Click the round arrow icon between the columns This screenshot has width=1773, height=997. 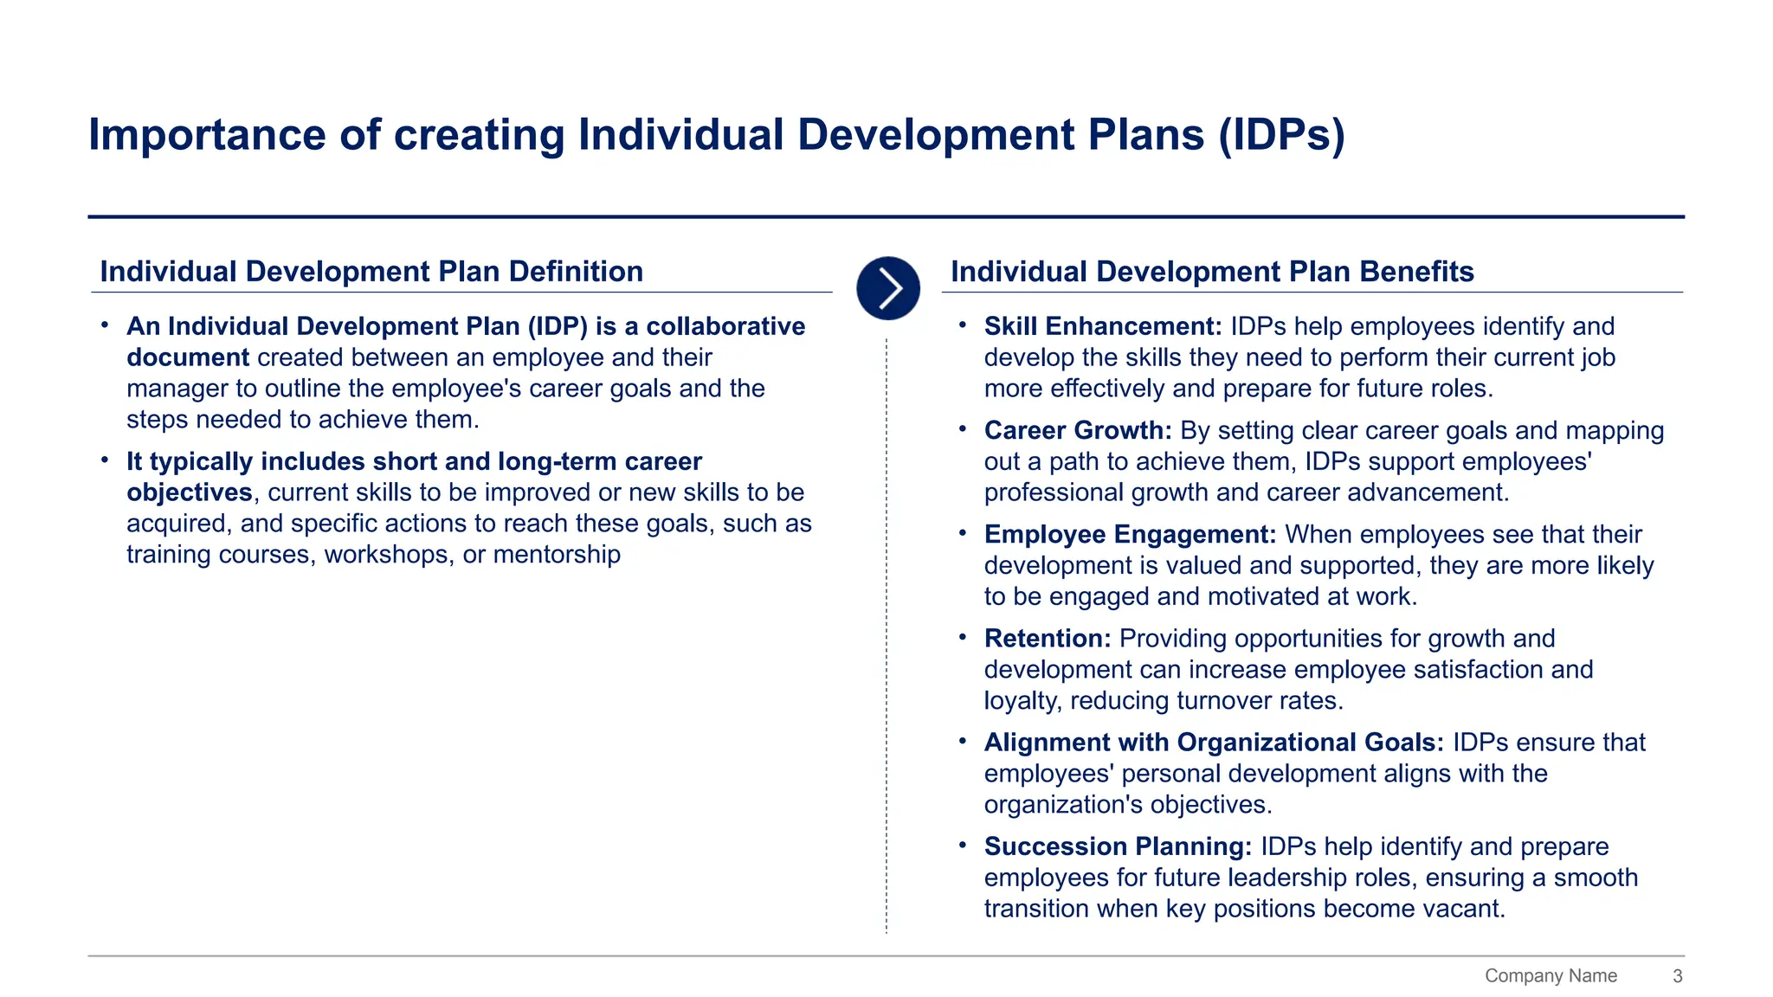tap(887, 288)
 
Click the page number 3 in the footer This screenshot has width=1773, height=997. tap(1677, 976)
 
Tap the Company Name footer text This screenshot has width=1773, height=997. tap(1551, 976)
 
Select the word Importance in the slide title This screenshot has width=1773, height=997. tap(205, 135)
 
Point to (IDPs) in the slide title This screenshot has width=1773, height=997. tap(1281, 135)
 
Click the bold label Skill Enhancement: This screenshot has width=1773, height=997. tap(1103, 326)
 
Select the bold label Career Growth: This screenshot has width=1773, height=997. tap(1078, 430)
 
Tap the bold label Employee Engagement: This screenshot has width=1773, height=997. tap(1130, 534)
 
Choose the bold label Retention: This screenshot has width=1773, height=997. tap(1048, 639)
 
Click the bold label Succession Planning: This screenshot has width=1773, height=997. tap(1118, 846)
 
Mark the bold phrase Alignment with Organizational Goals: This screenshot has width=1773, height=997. tap(1214, 743)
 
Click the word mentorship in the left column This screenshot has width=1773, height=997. tap(557, 555)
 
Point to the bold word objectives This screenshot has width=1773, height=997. tap(189, 492)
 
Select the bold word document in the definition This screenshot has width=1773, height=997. tap(188, 357)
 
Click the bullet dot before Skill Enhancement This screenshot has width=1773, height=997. tap(963, 325)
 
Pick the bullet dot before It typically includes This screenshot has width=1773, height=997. tap(105, 460)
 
